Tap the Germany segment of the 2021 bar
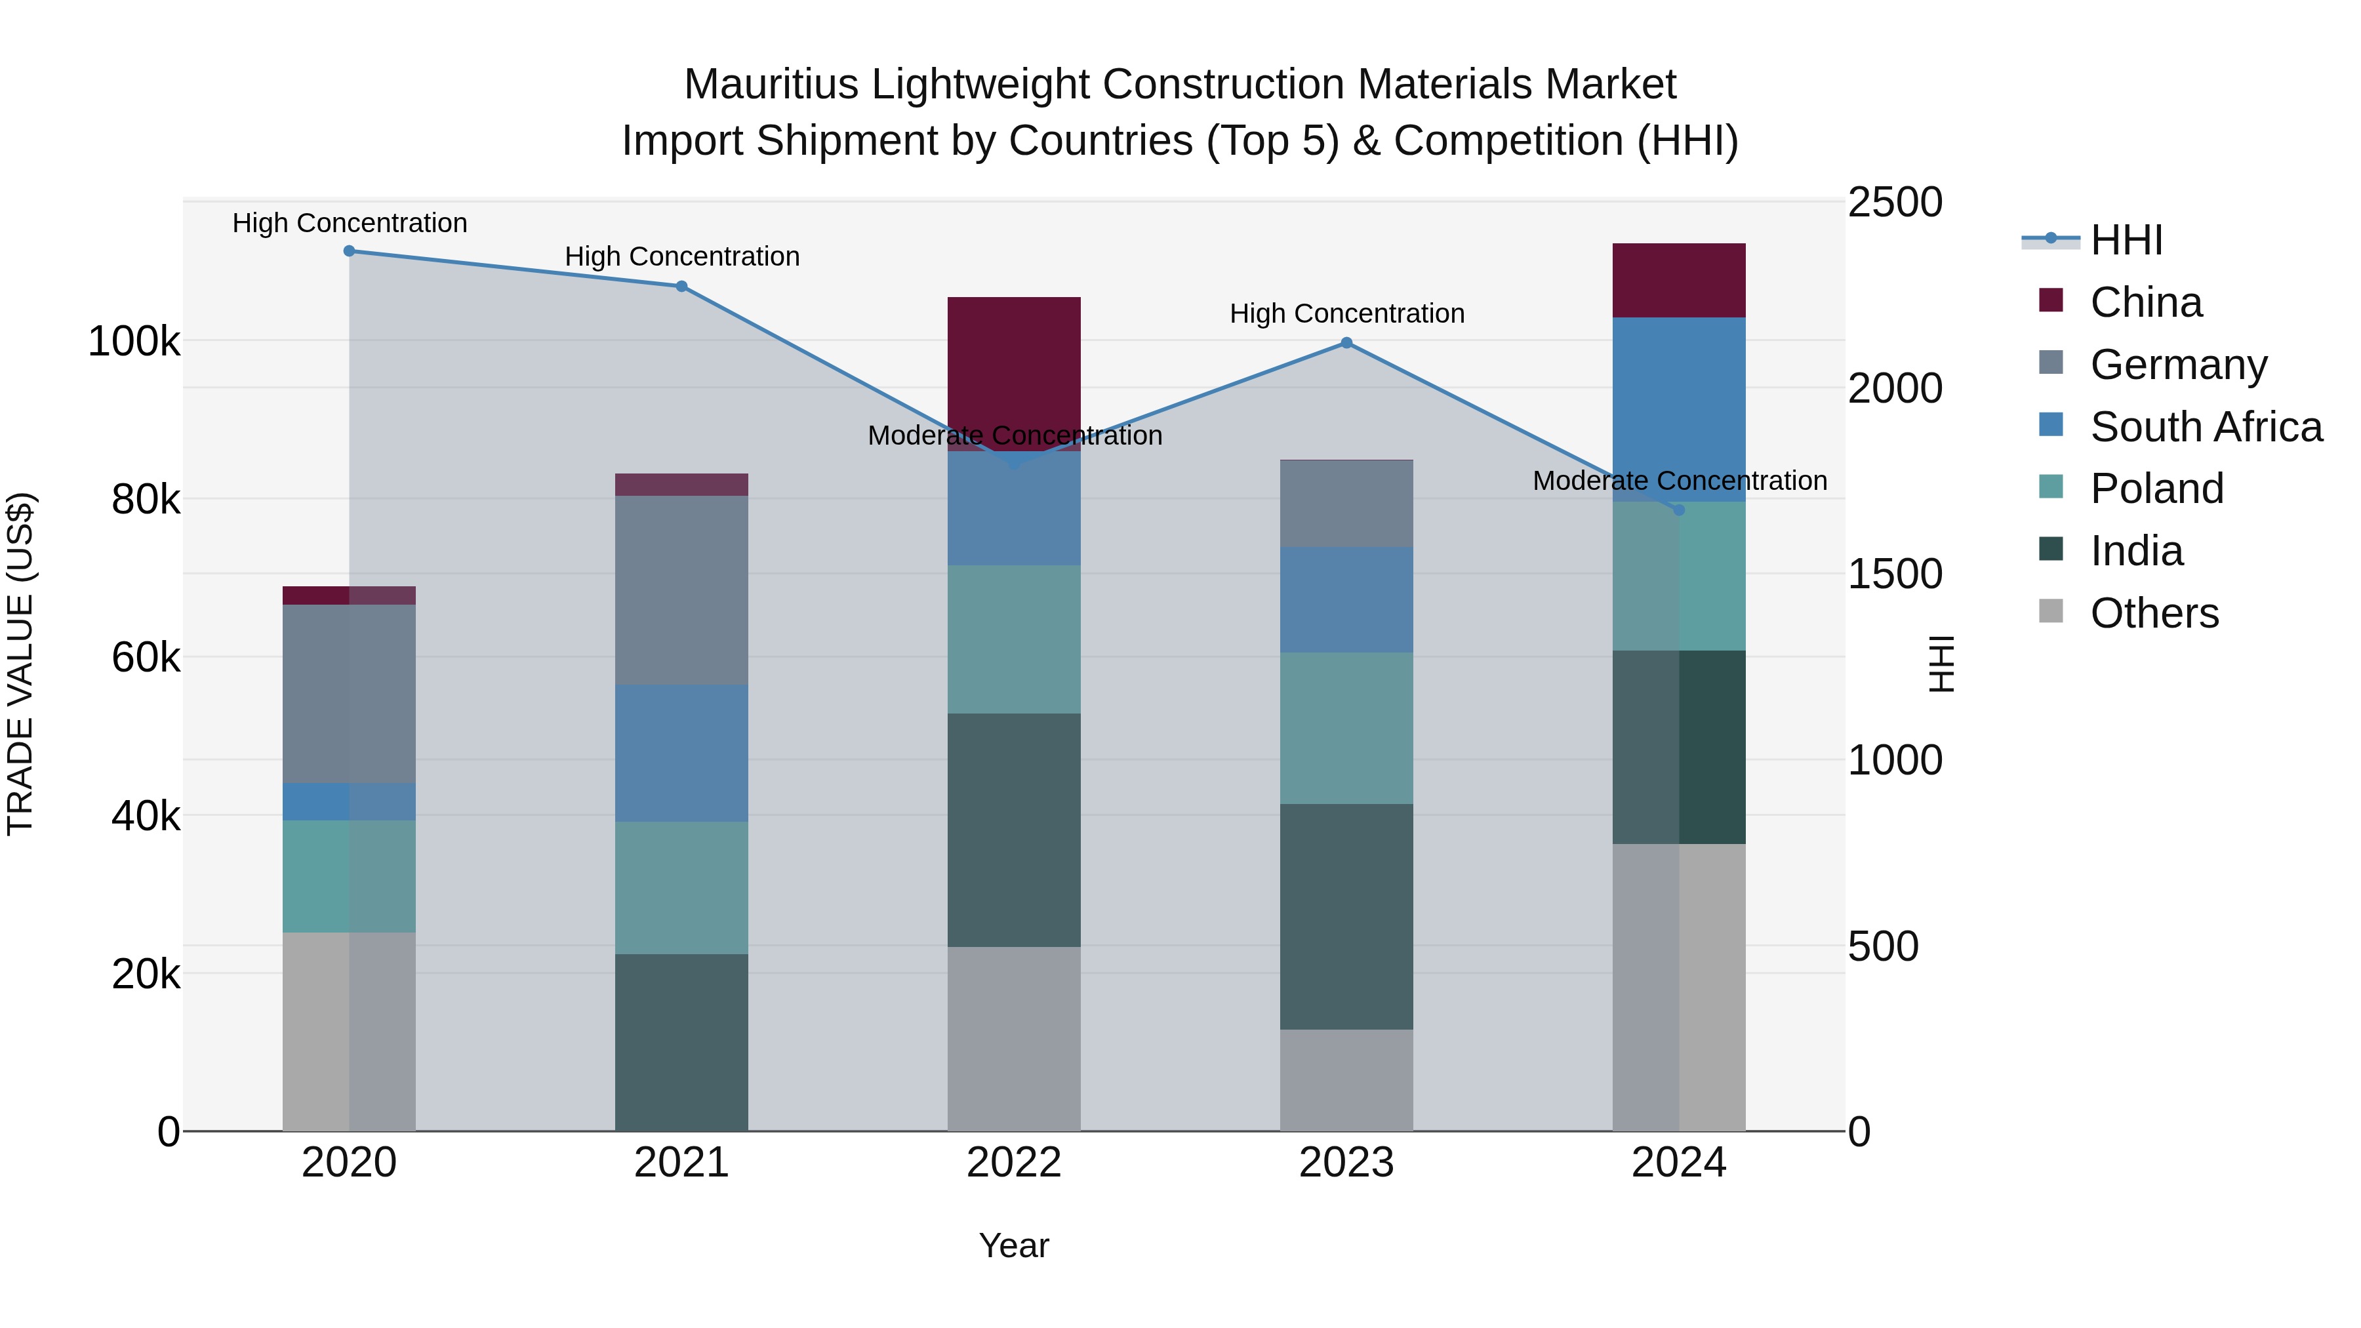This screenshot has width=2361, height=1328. tap(681, 590)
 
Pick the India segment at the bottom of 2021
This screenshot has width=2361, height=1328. tap(681, 1042)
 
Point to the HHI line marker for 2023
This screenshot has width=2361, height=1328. tap(1346, 343)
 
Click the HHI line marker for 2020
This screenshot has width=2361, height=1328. tap(349, 251)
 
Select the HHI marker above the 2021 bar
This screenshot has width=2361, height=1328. tap(681, 286)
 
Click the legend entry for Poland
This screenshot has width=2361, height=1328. tap(2156, 489)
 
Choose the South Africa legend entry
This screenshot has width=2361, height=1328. tap(2205, 427)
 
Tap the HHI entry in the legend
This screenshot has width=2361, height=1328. tap(2126, 240)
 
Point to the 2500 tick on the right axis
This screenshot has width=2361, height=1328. tap(1893, 203)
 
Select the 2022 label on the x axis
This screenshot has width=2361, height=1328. tap(1014, 1163)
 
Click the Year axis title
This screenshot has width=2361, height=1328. tap(1014, 1245)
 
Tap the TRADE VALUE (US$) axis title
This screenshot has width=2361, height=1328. tap(20, 664)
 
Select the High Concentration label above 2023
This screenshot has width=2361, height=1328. tap(1346, 313)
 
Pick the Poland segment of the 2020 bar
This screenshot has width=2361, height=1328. tap(349, 875)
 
